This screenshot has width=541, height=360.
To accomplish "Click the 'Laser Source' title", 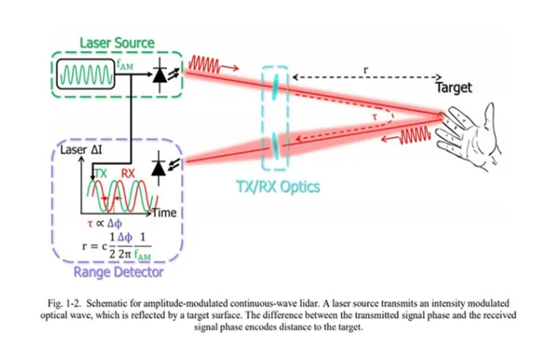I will coord(117,44).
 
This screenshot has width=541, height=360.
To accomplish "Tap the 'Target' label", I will coord(454,88).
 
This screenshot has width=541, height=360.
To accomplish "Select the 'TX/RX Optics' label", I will coord(278,187).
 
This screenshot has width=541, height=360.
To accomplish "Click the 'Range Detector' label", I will coord(118,272).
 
